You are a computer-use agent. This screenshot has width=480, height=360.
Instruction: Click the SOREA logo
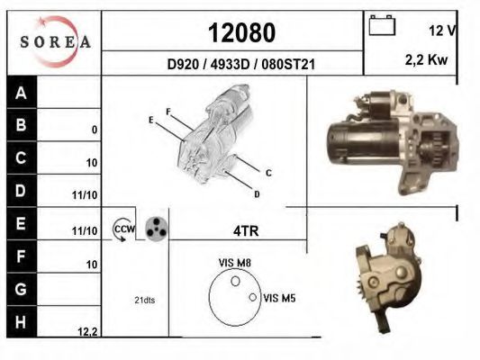(x=55, y=41)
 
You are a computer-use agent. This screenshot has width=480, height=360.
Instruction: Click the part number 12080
(x=242, y=32)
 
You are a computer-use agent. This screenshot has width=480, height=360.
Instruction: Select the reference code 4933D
(x=231, y=65)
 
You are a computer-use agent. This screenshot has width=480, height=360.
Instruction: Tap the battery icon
(x=382, y=25)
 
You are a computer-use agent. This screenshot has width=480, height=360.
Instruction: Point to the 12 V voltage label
(x=442, y=31)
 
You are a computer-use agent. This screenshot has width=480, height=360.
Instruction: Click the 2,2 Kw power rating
(x=427, y=59)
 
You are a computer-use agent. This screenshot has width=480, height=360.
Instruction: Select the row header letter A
(x=21, y=93)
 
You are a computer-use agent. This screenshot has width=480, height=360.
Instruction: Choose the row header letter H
(x=21, y=322)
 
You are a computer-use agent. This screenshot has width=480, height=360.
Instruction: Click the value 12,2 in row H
(x=87, y=331)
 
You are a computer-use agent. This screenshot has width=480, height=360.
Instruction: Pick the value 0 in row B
(x=95, y=130)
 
